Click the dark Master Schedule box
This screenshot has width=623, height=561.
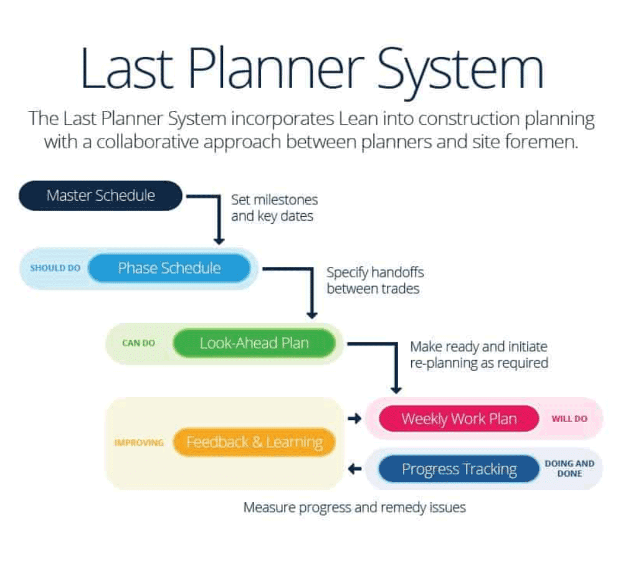click(101, 196)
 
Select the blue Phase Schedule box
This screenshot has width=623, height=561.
click(169, 269)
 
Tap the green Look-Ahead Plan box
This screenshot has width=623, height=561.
click(254, 343)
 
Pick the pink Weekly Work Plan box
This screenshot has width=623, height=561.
click(459, 419)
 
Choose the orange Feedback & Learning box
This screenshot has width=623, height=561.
click(255, 443)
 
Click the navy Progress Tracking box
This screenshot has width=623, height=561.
click(459, 469)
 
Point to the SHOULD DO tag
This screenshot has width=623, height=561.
click(55, 269)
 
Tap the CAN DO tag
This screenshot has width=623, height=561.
click(138, 343)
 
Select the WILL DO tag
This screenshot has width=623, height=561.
click(569, 419)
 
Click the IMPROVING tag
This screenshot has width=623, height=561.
click(139, 443)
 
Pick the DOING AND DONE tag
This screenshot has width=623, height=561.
click(569, 469)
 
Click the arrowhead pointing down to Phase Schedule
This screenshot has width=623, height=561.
click(219, 240)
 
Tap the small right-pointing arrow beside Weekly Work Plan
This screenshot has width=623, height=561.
click(354, 419)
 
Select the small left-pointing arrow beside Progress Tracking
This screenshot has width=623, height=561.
click(354, 469)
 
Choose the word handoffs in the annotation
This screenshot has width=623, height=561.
click(397, 272)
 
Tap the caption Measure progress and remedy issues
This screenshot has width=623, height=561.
click(354, 507)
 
